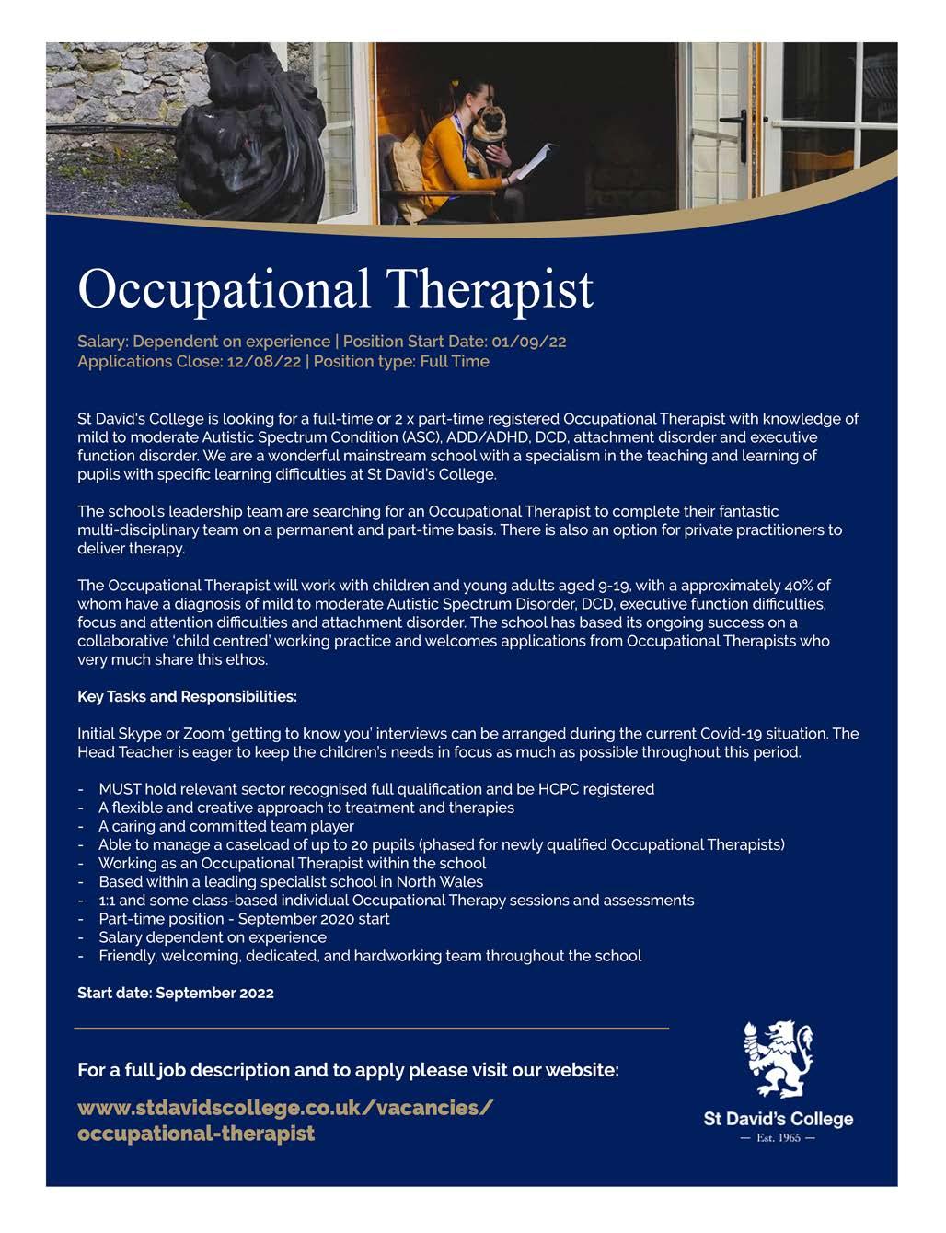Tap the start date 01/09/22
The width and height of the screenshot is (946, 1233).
point(529,342)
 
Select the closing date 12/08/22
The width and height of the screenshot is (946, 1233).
point(263,361)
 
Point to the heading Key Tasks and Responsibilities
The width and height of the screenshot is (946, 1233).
point(187,696)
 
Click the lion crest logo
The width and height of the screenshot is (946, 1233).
point(778,1058)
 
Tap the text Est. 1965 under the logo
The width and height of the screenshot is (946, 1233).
point(778,1137)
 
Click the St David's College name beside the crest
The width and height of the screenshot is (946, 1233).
point(778,1119)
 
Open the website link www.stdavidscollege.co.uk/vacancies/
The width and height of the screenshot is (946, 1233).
point(285,1106)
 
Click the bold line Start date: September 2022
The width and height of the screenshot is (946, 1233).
point(176,993)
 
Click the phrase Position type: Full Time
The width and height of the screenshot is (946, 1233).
point(401,361)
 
